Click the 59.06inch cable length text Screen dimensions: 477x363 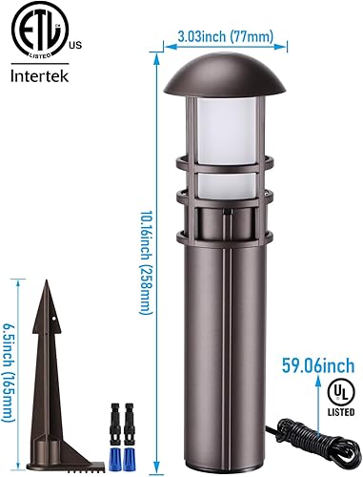click(318, 363)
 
